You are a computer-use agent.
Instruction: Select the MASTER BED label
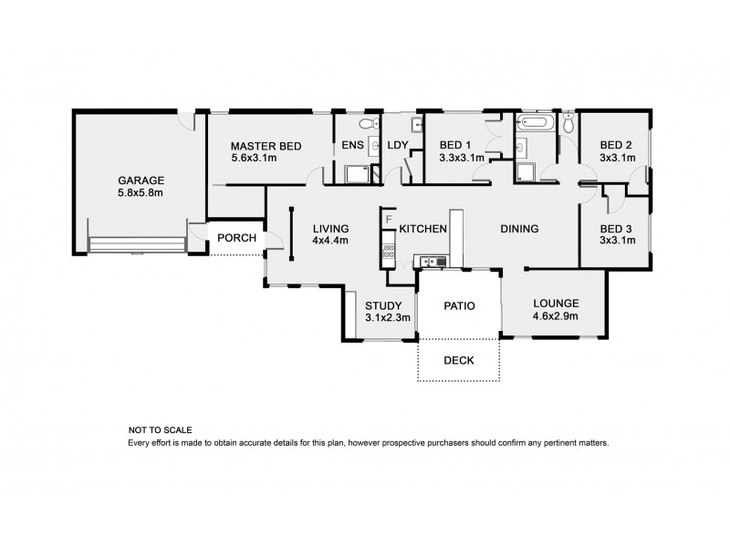click(266, 146)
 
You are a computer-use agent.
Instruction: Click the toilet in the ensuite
click(368, 123)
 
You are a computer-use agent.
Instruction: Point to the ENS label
click(352, 146)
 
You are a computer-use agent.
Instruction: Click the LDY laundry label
click(397, 146)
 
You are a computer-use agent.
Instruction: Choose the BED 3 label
click(616, 229)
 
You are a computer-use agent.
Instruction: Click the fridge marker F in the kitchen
click(389, 220)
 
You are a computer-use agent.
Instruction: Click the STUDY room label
click(383, 305)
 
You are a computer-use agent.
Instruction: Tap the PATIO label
click(459, 306)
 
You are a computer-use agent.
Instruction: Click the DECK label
click(459, 360)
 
